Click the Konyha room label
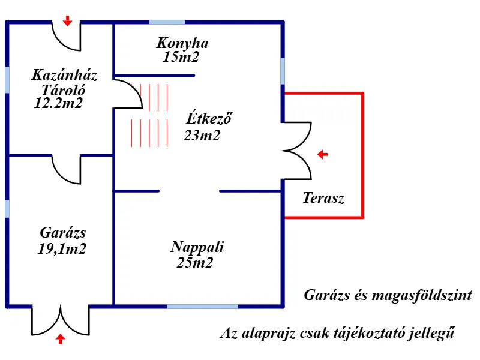pos(182,43)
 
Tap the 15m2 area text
pos(181,57)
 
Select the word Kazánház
pos(65,74)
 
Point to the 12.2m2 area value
pos(58,103)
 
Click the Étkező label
pos(209,118)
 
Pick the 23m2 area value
pos(202,136)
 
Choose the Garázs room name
pos(63,233)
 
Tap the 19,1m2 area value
pos(62,249)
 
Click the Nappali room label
pos(197,247)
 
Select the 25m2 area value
pos(194,263)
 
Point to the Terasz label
pos(323,198)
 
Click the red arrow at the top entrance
pos(67,21)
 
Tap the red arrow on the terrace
pos(322,154)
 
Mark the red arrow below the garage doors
pos(61,339)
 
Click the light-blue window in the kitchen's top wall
pos(167,22)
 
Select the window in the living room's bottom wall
pos(202,306)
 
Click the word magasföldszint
pos(422,295)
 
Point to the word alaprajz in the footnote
pos(268,334)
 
